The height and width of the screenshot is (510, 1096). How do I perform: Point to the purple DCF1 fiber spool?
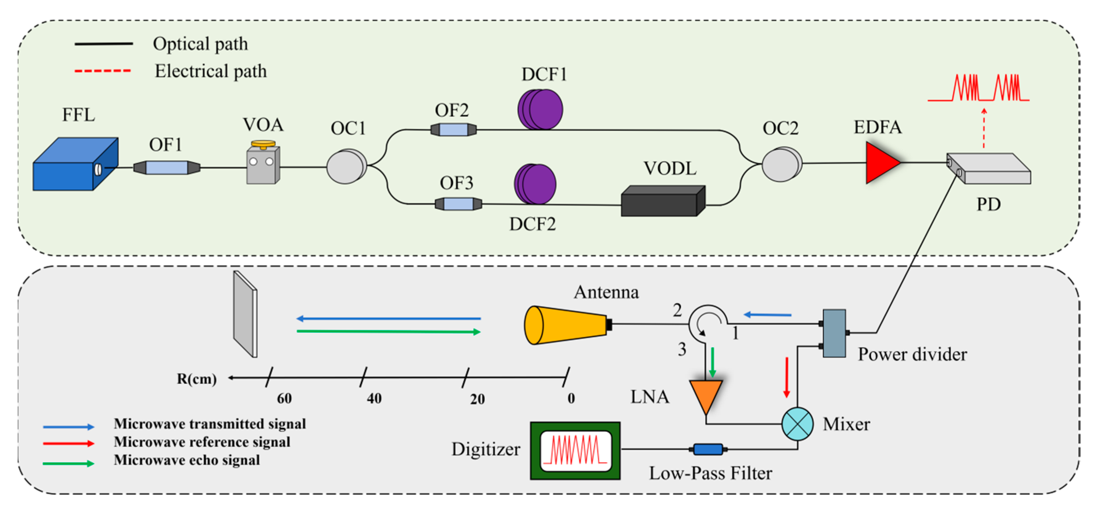point(540,110)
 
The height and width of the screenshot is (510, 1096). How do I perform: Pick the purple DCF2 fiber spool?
point(535,185)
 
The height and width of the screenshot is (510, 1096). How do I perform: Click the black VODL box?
point(662,201)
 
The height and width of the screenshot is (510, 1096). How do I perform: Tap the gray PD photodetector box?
point(989,169)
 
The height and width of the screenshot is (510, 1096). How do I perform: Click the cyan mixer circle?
point(797,424)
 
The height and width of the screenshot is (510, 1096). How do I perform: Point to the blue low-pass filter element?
point(708,449)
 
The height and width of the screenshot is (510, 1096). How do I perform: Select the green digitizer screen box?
point(575,451)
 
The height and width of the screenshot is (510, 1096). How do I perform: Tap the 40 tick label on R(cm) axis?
point(374,399)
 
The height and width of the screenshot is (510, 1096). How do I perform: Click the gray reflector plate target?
point(245,315)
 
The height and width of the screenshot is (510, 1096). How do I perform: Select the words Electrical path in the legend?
point(211,71)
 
